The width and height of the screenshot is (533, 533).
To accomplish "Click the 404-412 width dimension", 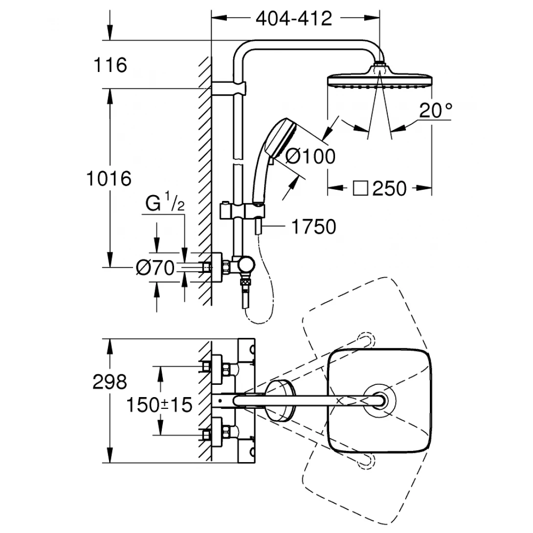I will (294, 18).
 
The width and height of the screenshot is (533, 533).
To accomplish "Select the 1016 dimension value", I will (109, 178).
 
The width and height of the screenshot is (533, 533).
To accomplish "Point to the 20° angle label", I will (435, 111).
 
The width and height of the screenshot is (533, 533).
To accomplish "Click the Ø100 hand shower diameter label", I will (310, 156).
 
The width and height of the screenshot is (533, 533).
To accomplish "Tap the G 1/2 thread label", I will (164, 204).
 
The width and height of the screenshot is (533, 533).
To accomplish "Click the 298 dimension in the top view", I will (109, 382).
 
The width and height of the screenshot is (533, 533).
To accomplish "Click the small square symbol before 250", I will (361, 188).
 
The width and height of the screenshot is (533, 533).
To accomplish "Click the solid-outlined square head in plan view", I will (379, 400).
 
